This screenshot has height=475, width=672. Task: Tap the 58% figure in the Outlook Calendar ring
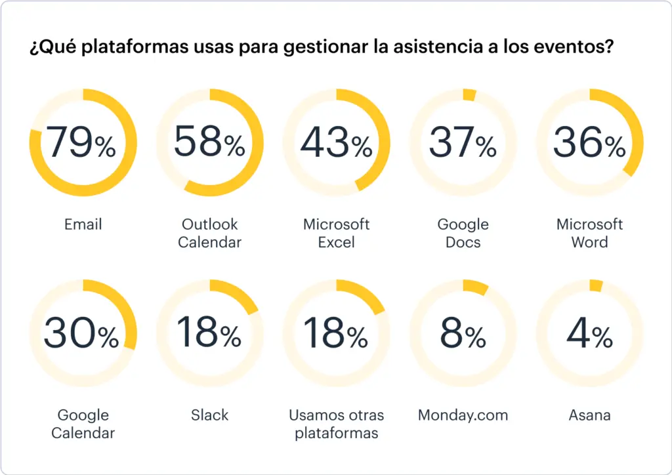[x=209, y=142]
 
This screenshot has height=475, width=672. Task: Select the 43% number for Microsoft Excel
[x=336, y=142]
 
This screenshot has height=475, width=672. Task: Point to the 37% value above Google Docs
[x=463, y=142]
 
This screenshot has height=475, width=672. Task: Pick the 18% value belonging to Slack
[x=209, y=333]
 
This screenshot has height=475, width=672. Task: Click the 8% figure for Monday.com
[x=463, y=333]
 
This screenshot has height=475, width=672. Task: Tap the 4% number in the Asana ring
[x=589, y=333]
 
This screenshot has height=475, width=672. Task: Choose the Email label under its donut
[x=83, y=224]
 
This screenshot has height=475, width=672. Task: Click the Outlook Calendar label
[x=209, y=233]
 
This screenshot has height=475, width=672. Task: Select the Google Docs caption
[x=463, y=233]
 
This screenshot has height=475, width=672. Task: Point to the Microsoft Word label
[x=589, y=233]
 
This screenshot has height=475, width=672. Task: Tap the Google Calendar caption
[x=83, y=424]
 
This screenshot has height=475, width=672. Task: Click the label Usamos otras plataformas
[x=336, y=424]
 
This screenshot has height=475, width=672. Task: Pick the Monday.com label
[x=463, y=415]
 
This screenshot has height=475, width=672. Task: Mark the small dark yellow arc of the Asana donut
[x=596, y=285]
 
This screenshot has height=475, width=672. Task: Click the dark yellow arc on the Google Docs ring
[x=469, y=95]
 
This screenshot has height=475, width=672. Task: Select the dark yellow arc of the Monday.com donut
[x=476, y=287]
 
